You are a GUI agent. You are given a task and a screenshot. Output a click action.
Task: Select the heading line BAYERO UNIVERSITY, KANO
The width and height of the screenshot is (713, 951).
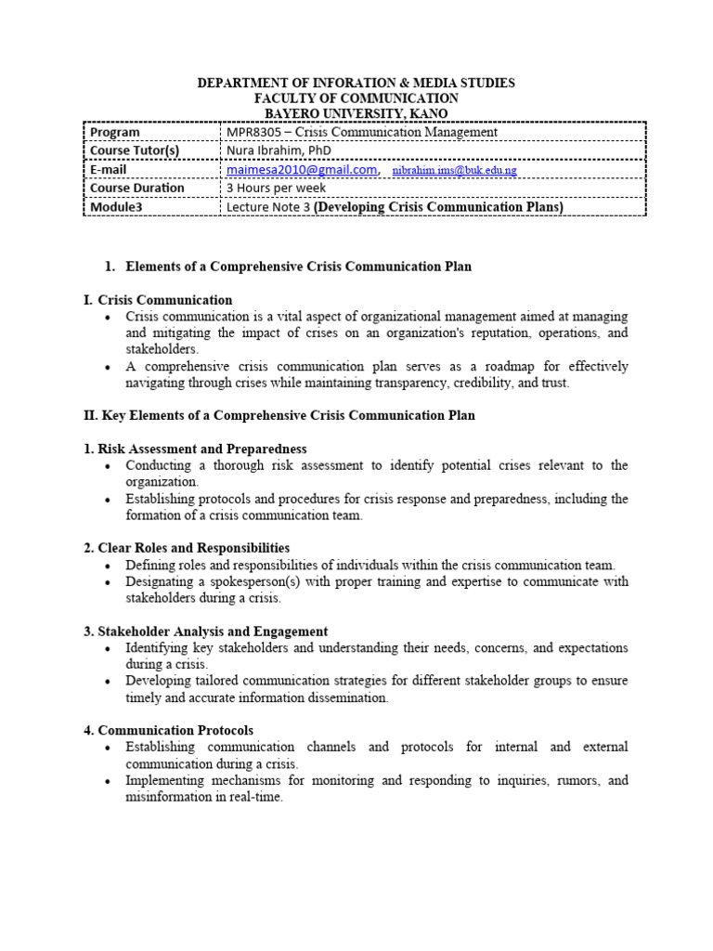tap(356, 113)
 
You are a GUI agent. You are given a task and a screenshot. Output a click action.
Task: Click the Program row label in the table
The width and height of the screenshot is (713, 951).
tap(115, 132)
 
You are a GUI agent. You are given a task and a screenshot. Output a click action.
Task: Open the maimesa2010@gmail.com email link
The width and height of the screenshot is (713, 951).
tap(302, 170)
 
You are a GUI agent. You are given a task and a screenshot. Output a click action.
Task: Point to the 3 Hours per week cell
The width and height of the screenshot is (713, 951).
tap(277, 189)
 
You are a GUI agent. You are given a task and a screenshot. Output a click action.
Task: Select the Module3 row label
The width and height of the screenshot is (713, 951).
tap(116, 207)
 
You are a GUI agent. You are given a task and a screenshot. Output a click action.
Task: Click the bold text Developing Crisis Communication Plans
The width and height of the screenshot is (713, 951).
tap(439, 207)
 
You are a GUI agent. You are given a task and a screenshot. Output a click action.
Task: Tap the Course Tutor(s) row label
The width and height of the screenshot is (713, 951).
tap(135, 150)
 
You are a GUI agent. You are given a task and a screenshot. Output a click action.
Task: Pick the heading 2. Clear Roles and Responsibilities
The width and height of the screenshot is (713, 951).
tap(187, 548)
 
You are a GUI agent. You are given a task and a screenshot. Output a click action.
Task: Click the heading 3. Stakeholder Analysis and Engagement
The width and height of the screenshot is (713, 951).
tap(205, 631)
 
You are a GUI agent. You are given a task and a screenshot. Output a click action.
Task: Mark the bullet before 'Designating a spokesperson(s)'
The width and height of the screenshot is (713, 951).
tap(109, 582)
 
